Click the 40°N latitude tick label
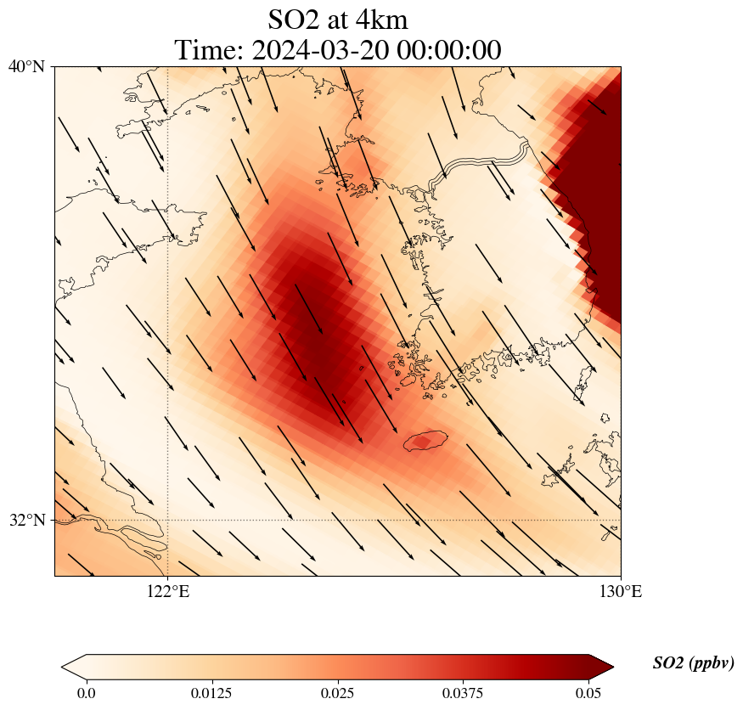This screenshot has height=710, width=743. (26, 66)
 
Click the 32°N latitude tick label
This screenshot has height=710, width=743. (26, 520)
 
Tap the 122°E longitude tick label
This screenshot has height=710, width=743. (168, 591)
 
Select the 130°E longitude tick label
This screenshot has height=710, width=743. (621, 591)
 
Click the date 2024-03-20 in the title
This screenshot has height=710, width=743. (320, 50)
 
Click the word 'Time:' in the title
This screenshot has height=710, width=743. (209, 50)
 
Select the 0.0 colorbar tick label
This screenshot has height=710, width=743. (86, 693)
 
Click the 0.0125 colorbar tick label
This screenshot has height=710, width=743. (211, 693)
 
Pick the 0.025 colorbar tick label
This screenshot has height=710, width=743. (337, 693)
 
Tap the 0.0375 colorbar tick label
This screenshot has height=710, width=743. (463, 693)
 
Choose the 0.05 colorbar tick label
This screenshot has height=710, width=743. (589, 693)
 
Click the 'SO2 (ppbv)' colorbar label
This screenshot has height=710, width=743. (693, 663)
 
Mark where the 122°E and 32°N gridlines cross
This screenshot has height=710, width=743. (168, 520)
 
